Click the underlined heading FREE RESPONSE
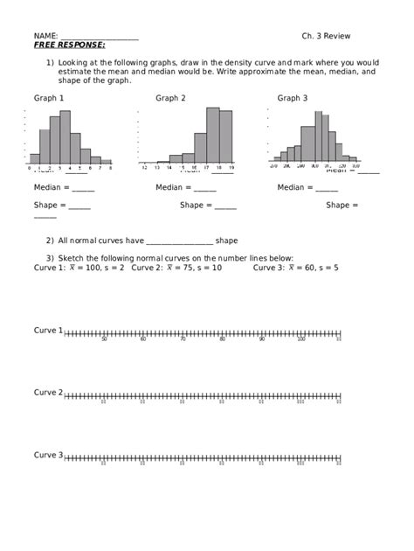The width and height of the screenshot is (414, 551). (x=69, y=44)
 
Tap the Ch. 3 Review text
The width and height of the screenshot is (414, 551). (x=326, y=36)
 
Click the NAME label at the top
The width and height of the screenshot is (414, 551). (x=46, y=36)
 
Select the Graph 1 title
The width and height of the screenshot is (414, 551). (x=48, y=98)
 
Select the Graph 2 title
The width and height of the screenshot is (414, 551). (x=170, y=98)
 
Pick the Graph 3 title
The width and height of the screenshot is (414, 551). (x=293, y=98)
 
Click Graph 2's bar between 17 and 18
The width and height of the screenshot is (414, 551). (x=213, y=135)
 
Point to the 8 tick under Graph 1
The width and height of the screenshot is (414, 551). (x=111, y=167)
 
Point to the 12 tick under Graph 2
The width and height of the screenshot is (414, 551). (x=145, y=167)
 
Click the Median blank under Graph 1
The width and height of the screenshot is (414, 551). (x=83, y=188)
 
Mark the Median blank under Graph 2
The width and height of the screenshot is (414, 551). (x=205, y=188)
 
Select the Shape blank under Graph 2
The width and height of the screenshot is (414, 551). (x=224, y=206)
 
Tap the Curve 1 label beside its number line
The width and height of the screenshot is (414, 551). (x=48, y=331)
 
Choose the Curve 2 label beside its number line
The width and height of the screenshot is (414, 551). (x=48, y=393)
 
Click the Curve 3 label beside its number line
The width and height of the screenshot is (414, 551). (x=48, y=455)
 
